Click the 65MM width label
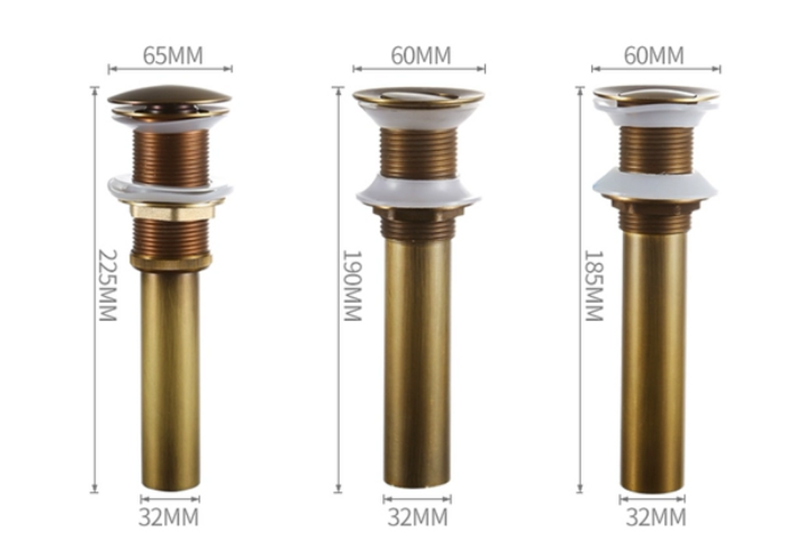[173, 55]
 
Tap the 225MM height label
[108, 285]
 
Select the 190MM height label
[352, 285]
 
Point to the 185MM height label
[594, 285]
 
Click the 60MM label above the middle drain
[421, 55]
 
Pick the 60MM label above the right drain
[654, 55]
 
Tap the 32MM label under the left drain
[169, 517]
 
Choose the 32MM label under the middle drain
[418, 517]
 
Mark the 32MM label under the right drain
[656, 517]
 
